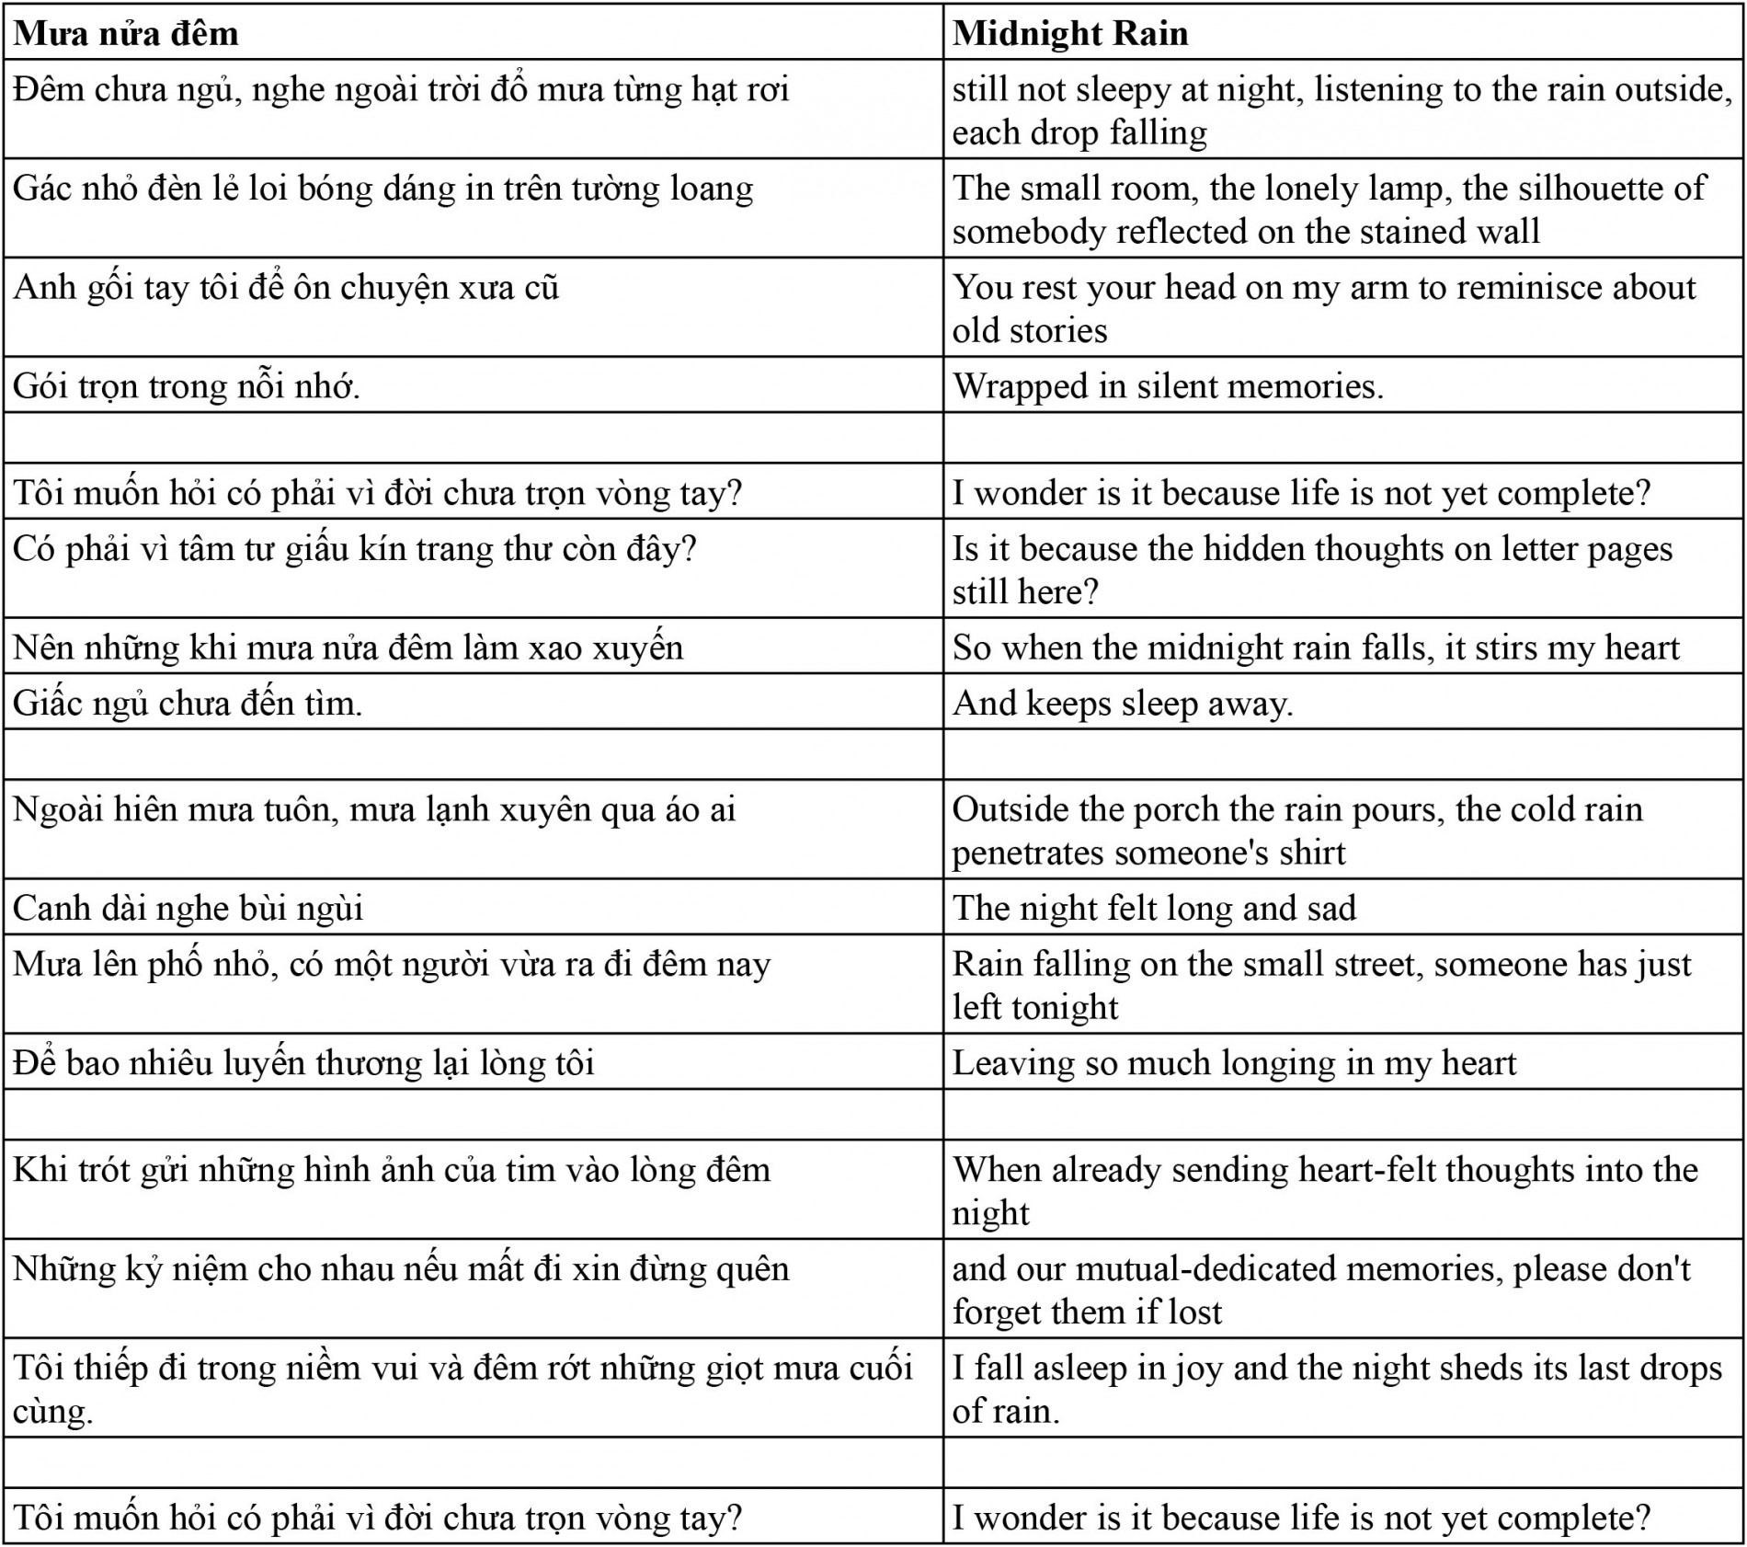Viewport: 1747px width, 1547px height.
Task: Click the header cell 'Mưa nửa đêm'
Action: point(126,34)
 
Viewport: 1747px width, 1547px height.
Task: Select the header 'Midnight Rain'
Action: point(1070,34)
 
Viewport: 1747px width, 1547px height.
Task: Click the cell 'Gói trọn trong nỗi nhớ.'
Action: point(187,386)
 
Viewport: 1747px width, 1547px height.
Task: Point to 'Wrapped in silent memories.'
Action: point(1168,386)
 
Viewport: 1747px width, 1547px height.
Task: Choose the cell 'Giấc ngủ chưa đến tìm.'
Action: point(188,704)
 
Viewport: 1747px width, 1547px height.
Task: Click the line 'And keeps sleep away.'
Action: point(1123,704)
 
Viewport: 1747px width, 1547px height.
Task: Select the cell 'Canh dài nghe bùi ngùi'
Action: point(188,909)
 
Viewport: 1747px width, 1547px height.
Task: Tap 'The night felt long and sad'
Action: point(1154,909)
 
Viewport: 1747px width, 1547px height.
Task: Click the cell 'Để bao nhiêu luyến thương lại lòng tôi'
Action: point(303,1063)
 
